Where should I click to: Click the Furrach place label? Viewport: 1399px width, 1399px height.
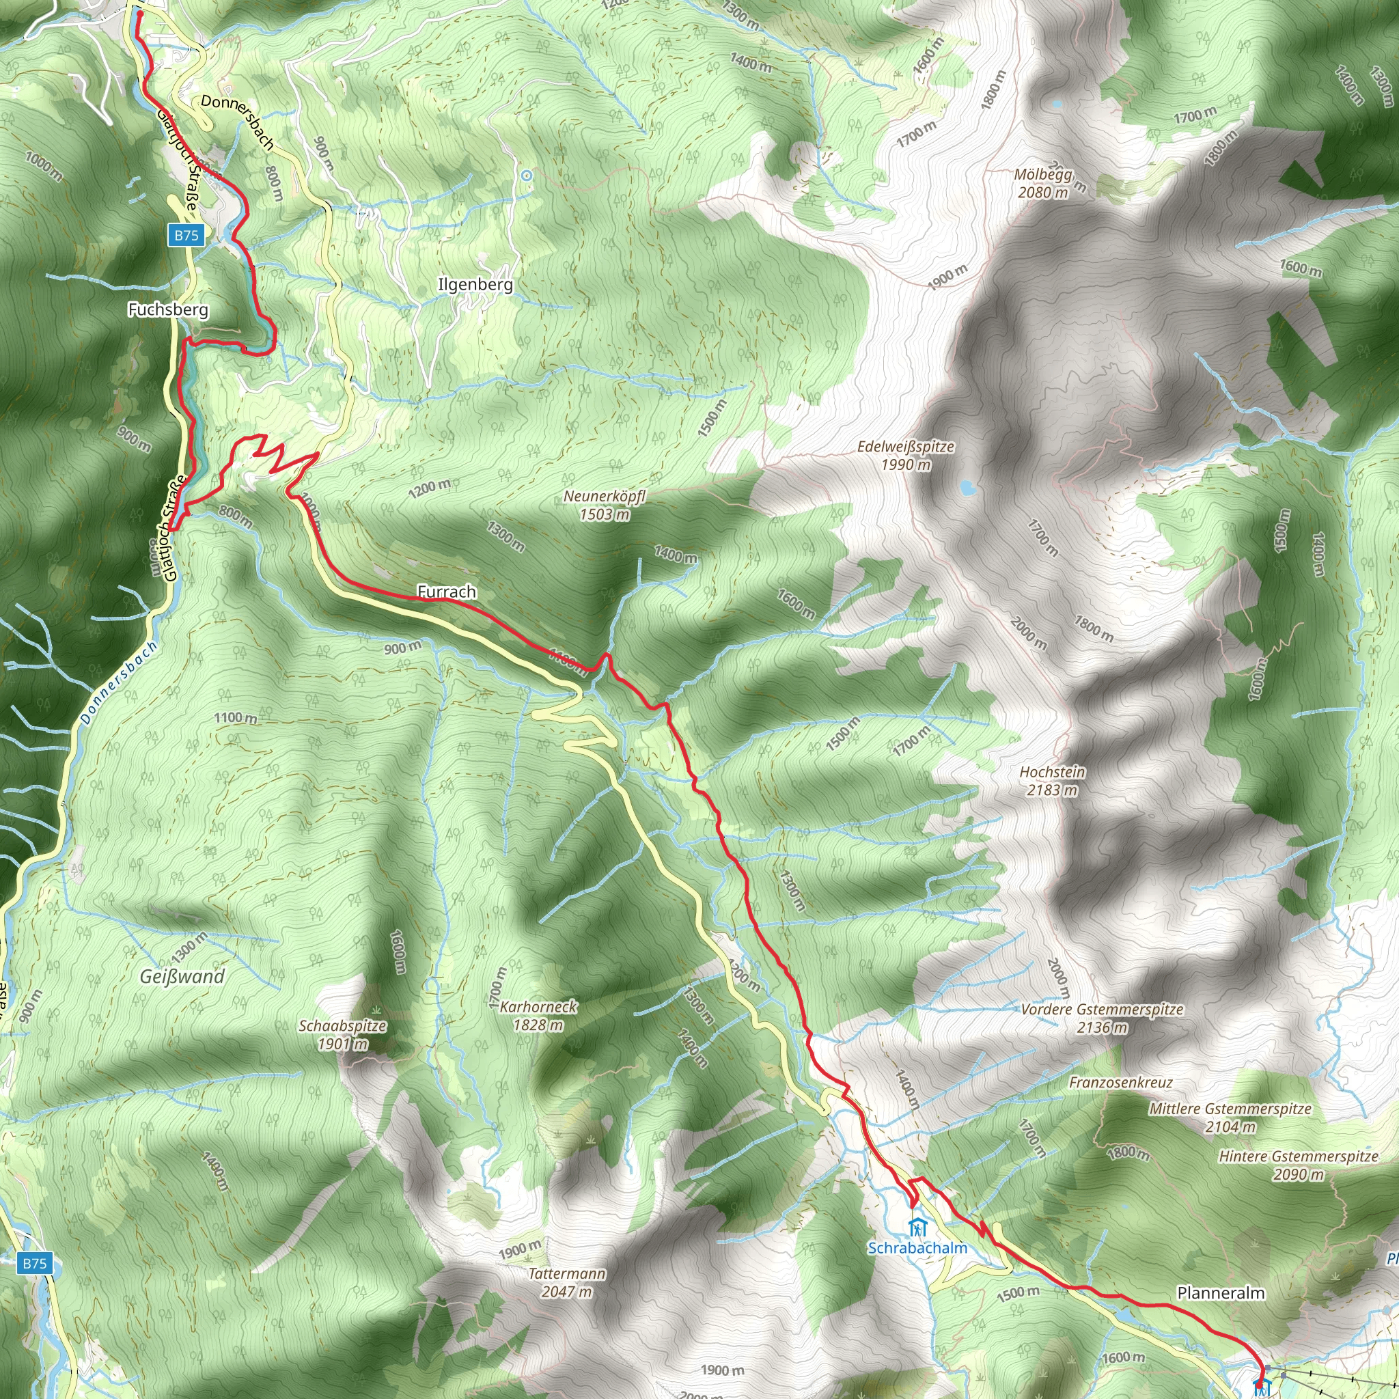pos(447,592)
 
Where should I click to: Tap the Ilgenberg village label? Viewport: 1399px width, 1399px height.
pos(475,285)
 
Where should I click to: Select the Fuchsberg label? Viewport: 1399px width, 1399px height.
pos(168,310)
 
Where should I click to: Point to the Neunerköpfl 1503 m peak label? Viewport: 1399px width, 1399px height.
pos(604,505)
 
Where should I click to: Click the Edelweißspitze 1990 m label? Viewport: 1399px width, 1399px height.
pos(905,456)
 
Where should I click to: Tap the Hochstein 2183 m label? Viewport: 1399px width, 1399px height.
pos(1052,781)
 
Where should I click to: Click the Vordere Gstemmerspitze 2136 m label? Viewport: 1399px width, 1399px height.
pos(1103,1017)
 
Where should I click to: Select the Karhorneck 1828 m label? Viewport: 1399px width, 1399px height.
pos(539,1015)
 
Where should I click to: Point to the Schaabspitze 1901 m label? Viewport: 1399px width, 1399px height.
pos(342,1035)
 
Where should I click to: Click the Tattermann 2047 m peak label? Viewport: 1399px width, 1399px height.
pos(567,1302)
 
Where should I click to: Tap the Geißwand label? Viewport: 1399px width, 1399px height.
pos(182,976)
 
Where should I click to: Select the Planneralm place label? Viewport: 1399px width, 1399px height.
pos(1221,1292)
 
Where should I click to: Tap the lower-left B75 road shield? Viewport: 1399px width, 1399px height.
pos(34,1264)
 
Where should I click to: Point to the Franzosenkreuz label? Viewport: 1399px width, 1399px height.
pos(1120,1082)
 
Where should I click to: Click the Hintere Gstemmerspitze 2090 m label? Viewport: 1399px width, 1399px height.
pos(1299,1165)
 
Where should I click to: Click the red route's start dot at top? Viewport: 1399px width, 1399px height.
pos(138,12)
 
